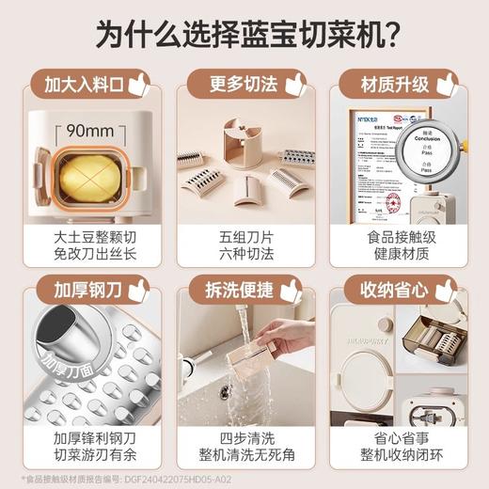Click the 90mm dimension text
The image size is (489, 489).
point(87,130)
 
